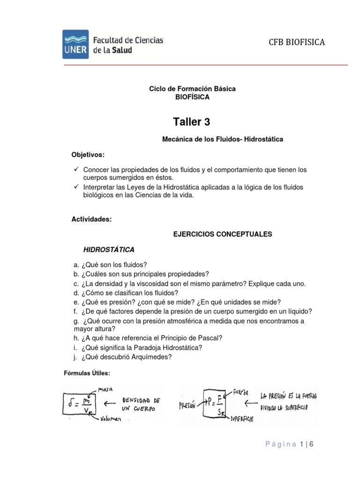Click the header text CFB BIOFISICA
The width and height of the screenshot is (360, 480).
[296, 43]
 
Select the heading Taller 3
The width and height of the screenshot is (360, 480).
[192, 122]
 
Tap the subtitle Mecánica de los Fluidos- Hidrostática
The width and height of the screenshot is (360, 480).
[223, 140]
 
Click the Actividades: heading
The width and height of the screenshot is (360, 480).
[91, 219]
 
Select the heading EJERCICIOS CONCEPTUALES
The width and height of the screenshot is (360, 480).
[223, 234]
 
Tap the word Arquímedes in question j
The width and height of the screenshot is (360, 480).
[150, 357]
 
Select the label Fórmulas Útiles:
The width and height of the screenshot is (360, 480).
[87, 373]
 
